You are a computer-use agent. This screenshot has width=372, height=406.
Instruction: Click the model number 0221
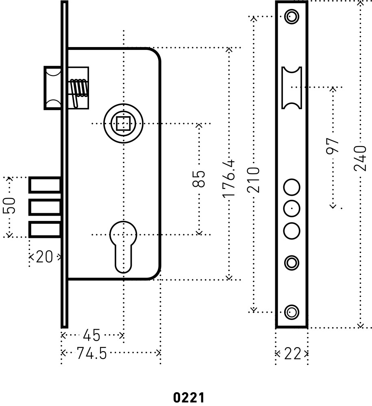[188, 397]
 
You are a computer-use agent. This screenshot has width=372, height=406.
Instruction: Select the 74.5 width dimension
[92, 354]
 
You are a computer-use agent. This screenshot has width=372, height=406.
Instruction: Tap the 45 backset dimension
[91, 336]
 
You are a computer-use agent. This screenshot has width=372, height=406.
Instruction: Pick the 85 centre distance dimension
[199, 179]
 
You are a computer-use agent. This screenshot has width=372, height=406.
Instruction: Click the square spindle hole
[123, 123]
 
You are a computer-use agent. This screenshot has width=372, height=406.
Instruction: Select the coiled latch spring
[79, 89]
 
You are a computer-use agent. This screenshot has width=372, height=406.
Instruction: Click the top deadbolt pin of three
[45, 185]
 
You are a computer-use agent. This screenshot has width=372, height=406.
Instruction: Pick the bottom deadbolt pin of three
[45, 230]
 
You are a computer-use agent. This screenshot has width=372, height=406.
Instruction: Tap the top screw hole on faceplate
[291, 17]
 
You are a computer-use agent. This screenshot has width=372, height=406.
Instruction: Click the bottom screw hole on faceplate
[291, 312]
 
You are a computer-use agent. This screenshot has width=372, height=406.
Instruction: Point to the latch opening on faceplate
[292, 88]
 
